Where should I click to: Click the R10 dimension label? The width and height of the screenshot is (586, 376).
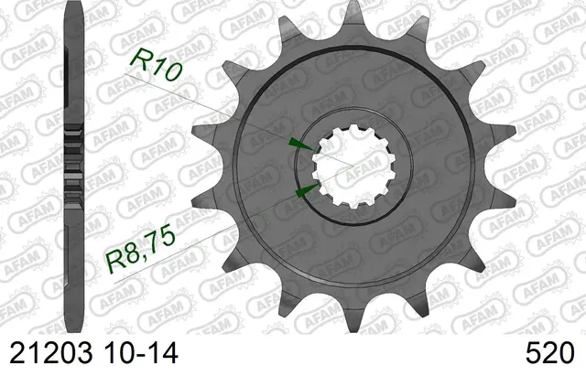(157, 64)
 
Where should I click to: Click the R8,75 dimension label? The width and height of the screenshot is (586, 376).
(140, 248)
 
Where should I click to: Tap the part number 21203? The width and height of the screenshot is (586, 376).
(51, 353)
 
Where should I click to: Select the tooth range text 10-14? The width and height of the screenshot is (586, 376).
(141, 353)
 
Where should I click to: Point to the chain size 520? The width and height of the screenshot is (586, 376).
(549, 353)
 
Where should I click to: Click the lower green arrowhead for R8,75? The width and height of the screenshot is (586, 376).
(308, 190)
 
